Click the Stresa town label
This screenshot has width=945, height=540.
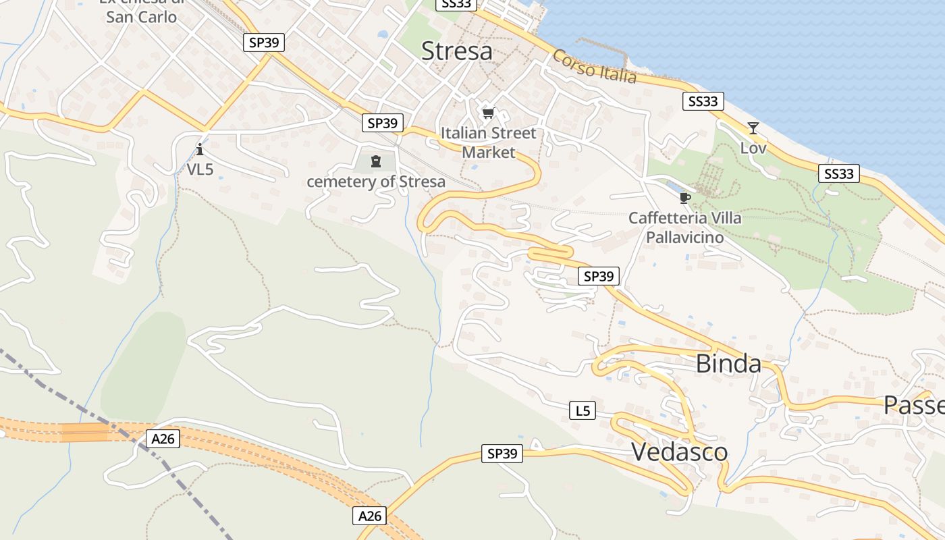[x=456, y=51]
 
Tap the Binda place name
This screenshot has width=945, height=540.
[x=728, y=363]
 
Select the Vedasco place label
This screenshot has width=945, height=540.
[x=679, y=452]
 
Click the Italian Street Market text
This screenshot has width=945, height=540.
[x=489, y=142]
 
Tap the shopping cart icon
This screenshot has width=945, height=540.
[x=488, y=113]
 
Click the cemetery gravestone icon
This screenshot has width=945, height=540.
[x=376, y=161]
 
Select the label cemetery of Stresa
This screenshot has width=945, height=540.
[x=376, y=182]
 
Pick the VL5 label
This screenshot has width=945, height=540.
[x=200, y=169]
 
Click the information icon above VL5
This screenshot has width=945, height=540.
[x=200, y=149]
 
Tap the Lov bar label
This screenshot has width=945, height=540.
[x=753, y=147]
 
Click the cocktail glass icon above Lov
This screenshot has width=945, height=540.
[x=753, y=128]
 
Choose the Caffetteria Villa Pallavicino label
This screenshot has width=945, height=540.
[x=684, y=227]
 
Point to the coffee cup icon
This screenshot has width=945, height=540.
[x=684, y=198]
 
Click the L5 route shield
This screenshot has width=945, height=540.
[x=583, y=410]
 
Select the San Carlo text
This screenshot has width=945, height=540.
[x=141, y=16]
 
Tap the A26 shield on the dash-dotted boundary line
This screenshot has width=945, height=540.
[x=163, y=439]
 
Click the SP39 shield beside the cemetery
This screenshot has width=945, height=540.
[x=383, y=123]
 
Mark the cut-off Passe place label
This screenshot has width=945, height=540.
[x=914, y=405]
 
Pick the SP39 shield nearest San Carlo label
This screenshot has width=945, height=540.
[x=263, y=43]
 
